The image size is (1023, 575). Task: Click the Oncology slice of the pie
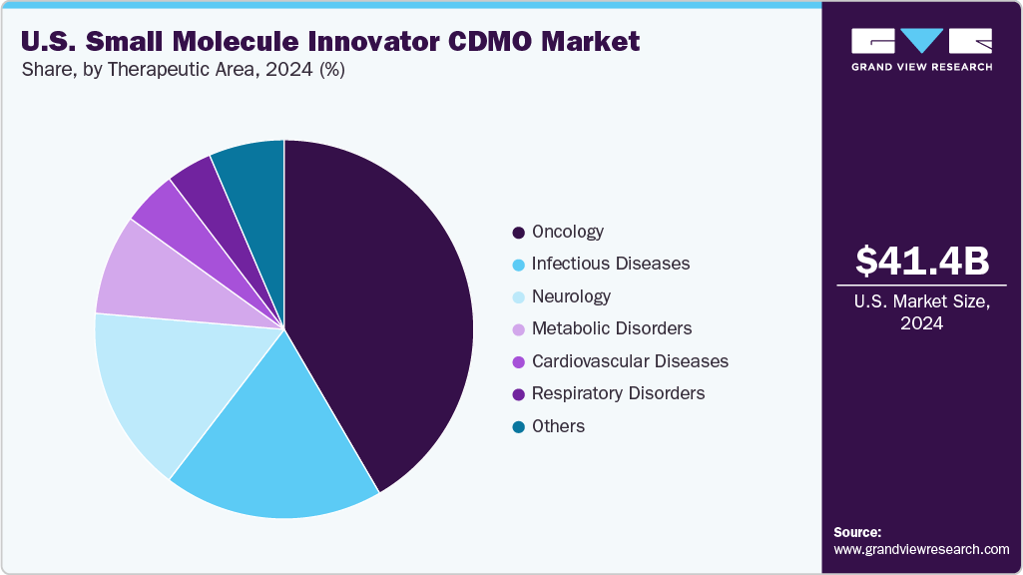pyautogui.click(x=389, y=299)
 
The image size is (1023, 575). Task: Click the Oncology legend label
pyautogui.click(x=567, y=232)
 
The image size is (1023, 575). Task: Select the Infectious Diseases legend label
pyautogui.click(x=610, y=264)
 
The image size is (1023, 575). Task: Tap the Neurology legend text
pyautogui.click(x=571, y=296)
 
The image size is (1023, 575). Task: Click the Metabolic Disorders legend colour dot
pyautogui.click(x=518, y=329)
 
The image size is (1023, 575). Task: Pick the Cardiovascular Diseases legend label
pyautogui.click(x=630, y=361)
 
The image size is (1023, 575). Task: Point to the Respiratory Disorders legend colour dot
pyautogui.click(x=518, y=394)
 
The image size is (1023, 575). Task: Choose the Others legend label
pyautogui.click(x=558, y=426)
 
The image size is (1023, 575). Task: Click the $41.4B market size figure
pyautogui.click(x=922, y=261)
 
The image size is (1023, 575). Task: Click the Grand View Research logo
pyautogui.click(x=921, y=49)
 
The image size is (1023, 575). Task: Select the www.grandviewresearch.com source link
pyautogui.click(x=921, y=549)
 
